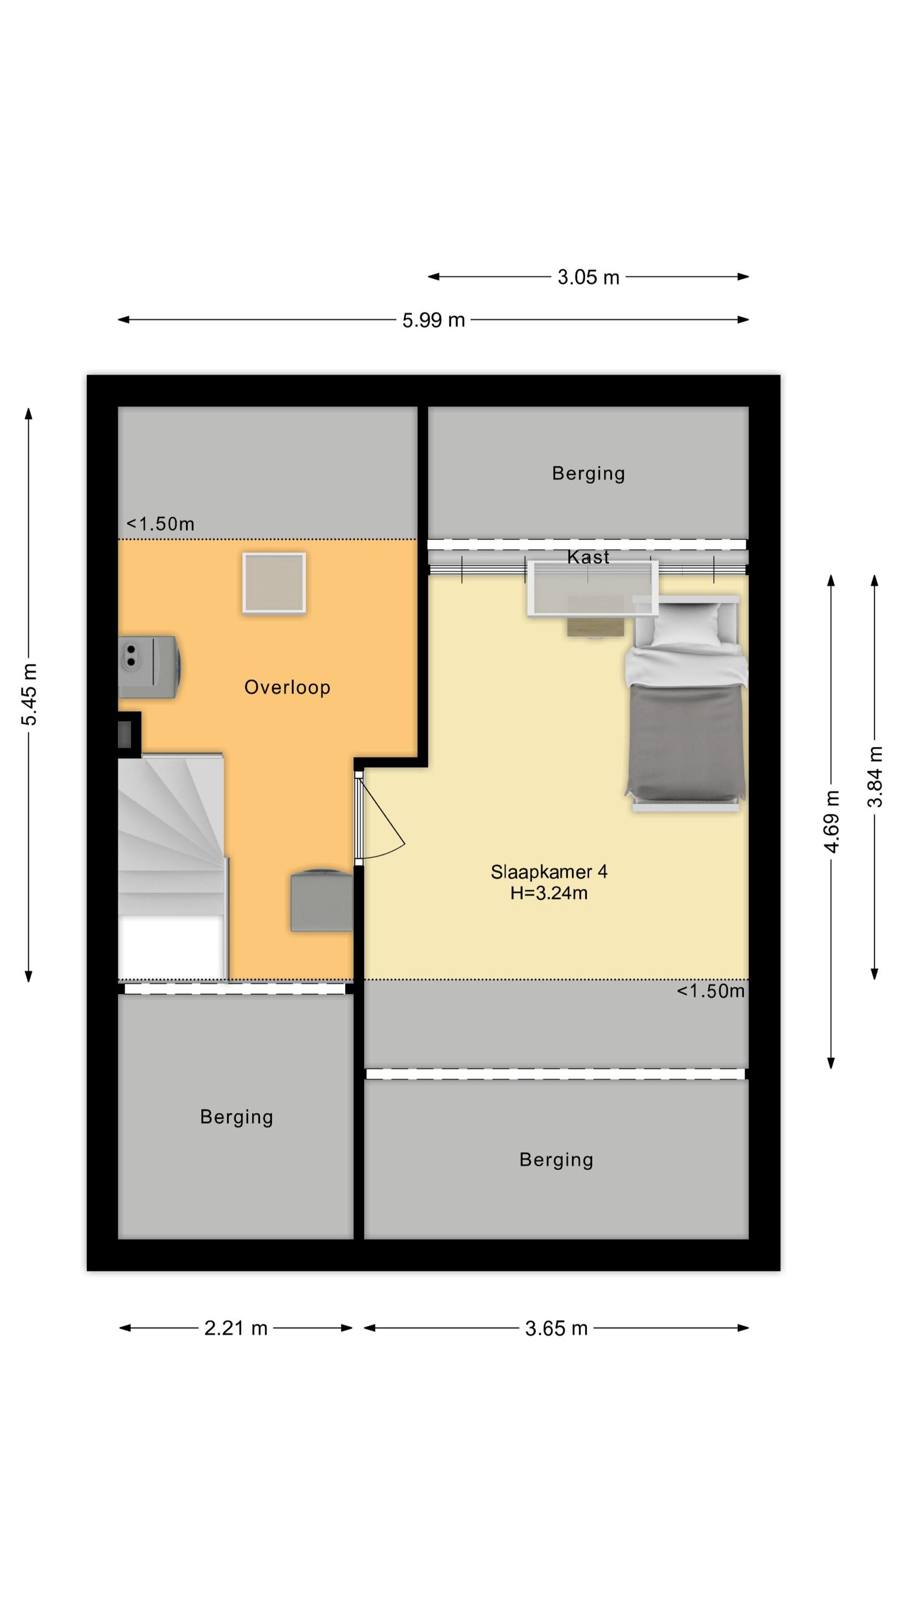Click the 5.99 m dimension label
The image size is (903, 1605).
click(x=433, y=320)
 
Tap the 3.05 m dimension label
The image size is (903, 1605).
click(x=588, y=277)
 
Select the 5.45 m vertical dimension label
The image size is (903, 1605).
click(x=29, y=694)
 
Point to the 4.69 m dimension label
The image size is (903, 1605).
click(x=831, y=821)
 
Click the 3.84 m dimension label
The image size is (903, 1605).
click(x=875, y=776)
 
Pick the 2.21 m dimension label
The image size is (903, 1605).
click(x=235, y=1328)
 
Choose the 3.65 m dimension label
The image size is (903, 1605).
click(x=556, y=1328)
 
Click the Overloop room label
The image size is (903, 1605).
click(x=287, y=687)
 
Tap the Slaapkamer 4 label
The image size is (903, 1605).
click(x=548, y=872)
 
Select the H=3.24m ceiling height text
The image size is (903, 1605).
click(x=548, y=893)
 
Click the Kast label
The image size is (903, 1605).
click(x=588, y=557)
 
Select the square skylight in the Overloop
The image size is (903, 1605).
click(x=274, y=583)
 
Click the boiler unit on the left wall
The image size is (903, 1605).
click(x=150, y=667)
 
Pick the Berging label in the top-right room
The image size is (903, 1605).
click(x=588, y=474)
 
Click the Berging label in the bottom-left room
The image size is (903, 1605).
click(x=236, y=1117)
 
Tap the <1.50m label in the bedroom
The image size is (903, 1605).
click(x=710, y=991)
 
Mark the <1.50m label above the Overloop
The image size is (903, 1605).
click(x=160, y=524)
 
